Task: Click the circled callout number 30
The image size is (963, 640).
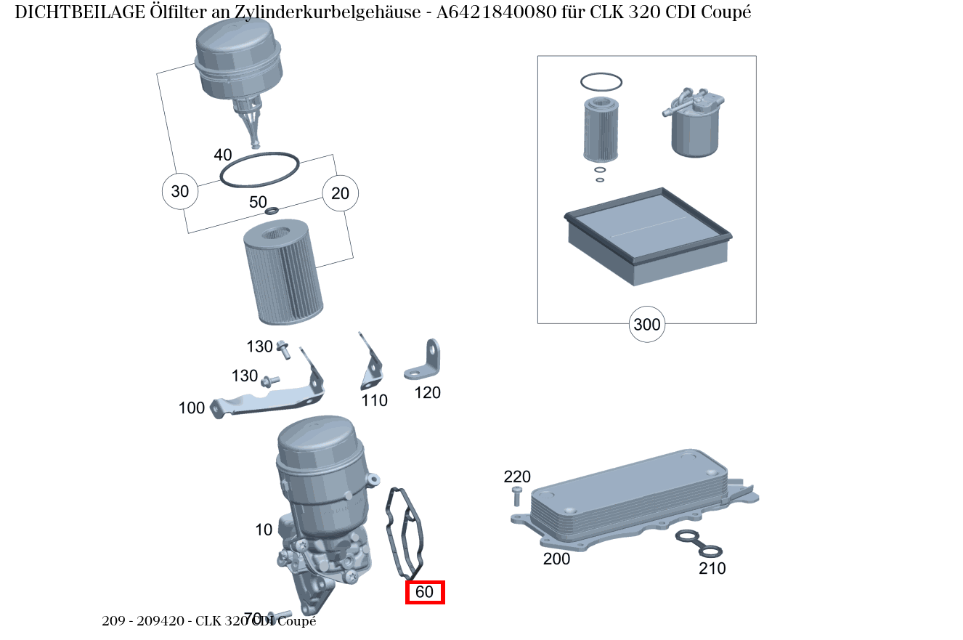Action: tap(179, 192)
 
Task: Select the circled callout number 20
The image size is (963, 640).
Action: tap(340, 193)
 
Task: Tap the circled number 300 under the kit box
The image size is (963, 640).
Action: tap(646, 324)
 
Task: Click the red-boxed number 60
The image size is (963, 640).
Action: tap(424, 592)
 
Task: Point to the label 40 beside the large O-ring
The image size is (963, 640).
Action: tap(223, 155)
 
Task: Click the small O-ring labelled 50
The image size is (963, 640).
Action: tap(272, 211)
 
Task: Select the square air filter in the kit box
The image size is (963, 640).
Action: tap(647, 236)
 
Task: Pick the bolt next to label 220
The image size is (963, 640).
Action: tap(516, 497)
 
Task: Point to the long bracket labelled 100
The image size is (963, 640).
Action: tap(269, 396)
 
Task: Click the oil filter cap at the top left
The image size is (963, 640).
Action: tap(239, 62)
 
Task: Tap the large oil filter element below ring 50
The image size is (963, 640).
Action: tap(276, 272)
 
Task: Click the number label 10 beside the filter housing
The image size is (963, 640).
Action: tap(264, 530)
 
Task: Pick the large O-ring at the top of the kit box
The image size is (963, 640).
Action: tap(601, 82)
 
